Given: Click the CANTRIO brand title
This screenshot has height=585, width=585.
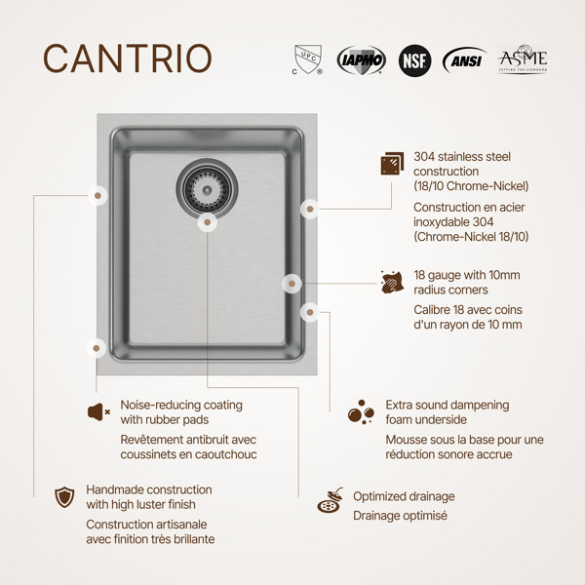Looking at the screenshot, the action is (128, 58).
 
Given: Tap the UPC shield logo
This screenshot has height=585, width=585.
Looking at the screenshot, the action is (307, 59).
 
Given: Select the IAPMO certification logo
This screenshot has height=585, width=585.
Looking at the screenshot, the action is (361, 60).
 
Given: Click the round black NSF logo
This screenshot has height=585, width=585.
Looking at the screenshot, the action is (414, 60).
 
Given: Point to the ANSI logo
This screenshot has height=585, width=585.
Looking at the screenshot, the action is (465, 60).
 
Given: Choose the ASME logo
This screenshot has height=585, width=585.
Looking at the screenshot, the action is (523, 58).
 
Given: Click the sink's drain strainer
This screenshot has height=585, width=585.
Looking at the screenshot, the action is (207, 189).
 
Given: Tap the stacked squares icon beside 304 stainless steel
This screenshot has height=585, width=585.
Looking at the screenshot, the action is (392, 164).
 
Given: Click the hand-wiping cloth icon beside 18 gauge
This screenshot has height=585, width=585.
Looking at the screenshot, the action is (392, 282).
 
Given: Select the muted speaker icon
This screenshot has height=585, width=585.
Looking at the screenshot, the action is (98, 412).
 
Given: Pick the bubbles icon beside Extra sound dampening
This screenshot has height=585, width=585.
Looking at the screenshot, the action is (361, 412).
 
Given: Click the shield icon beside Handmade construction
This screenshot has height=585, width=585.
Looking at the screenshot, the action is (64, 497).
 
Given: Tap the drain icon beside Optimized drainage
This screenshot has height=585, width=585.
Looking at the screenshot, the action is (331, 500).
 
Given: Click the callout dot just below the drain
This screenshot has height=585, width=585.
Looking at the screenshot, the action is (208, 222).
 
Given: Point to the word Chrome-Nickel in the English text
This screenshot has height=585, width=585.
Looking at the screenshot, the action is (487, 186).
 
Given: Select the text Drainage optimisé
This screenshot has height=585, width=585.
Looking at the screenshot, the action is (400, 516).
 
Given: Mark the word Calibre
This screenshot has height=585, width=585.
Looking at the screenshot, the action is (432, 310).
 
